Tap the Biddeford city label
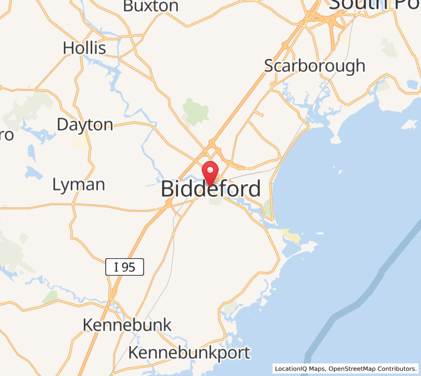click(211, 189)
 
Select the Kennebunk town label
click(127, 325)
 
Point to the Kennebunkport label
click(189, 353)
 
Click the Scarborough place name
click(314, 65)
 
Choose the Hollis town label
click(85, 48)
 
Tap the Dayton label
click(85, 124)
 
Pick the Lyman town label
click(78, 184)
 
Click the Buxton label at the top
click(150, 6)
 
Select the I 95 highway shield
click(125, 268)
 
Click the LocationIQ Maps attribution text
click(299, 368)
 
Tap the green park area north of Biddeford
click(195, 111)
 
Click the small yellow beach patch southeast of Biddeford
click(291, 235)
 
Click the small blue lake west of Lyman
click(31, 172)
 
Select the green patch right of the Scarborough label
click(388, 47)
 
